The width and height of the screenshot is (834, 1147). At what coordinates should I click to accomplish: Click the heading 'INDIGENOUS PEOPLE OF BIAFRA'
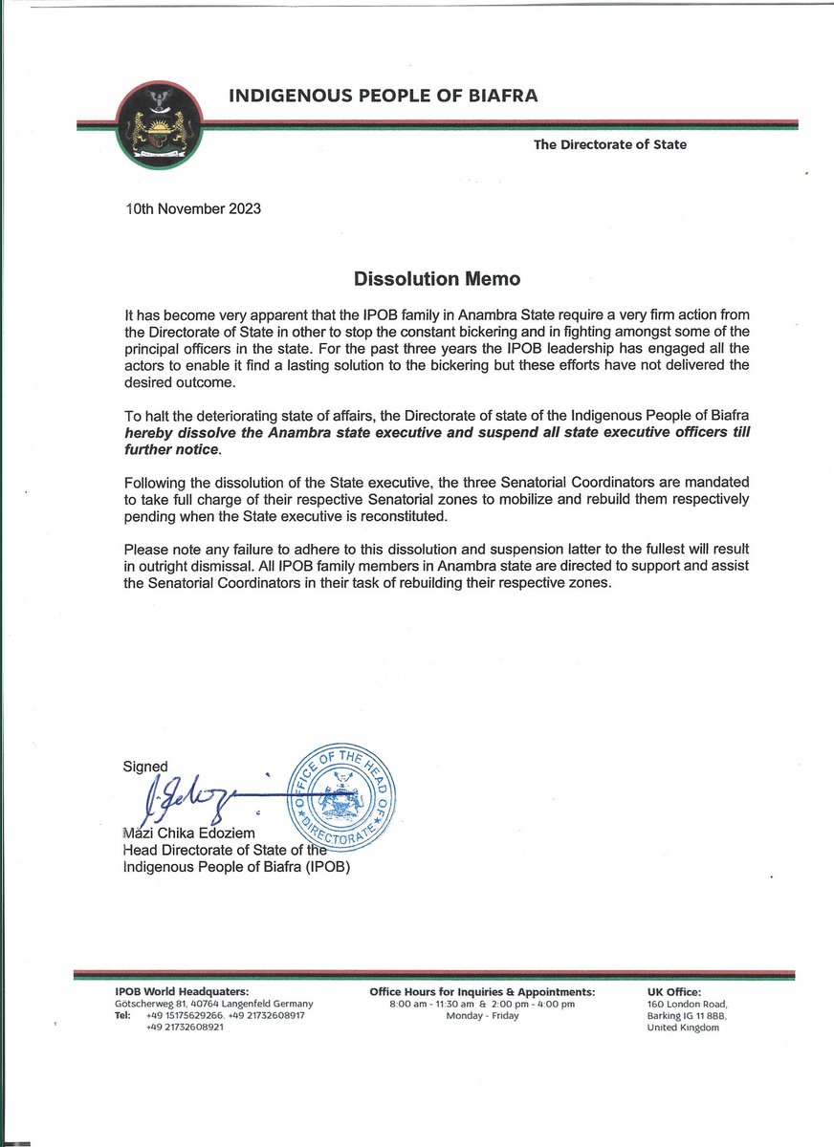pos(383,96)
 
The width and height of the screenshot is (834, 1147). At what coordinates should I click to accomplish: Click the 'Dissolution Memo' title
pos(416,281)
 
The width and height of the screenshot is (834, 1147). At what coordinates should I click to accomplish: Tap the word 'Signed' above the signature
pos(145,766)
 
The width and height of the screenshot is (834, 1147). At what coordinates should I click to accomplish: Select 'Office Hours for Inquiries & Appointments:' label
pos(481,992)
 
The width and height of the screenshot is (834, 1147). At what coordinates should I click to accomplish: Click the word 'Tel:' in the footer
pos(122,1015)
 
